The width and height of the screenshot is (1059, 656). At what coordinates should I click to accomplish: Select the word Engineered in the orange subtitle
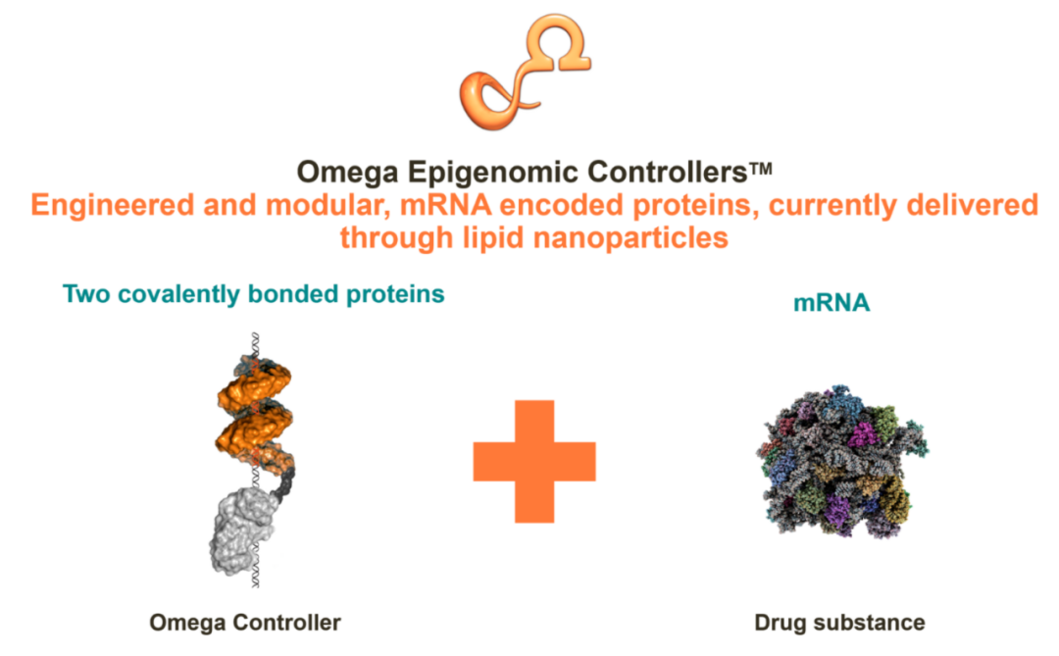pos(112,206)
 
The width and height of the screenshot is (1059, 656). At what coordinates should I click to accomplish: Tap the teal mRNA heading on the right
pos(832,303)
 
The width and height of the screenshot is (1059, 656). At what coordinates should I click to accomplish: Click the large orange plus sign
pos(534,462)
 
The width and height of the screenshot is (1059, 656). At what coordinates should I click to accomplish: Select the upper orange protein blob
pos(255,384)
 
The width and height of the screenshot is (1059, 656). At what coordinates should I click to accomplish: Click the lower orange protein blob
pos(255,431)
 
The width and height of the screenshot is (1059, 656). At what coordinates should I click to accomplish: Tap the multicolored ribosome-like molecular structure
pos(841,462)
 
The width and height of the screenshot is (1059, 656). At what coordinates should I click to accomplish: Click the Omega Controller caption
pos(244,623)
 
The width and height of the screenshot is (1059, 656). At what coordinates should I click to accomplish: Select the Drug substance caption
pos(839,623)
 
